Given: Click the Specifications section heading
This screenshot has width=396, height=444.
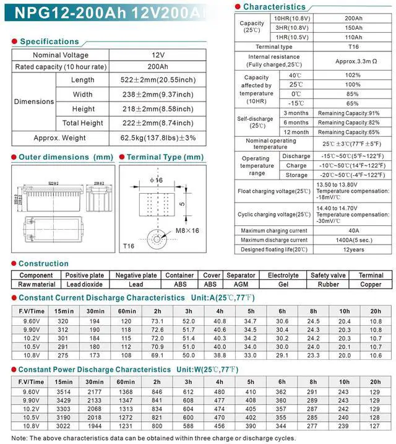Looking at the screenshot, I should (x=49, y=41).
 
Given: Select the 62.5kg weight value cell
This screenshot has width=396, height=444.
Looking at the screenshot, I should (x=158, y=137).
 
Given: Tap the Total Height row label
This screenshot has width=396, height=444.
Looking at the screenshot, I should (x=83, y=123).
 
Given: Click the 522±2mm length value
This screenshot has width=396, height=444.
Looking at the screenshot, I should (x=158, y=80).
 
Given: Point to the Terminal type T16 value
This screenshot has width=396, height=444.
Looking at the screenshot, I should (x=353, y=46).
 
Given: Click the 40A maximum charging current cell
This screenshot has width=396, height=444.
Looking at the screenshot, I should (x=353, y=230).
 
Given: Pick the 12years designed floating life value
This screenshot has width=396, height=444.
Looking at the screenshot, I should (x=353, y=249).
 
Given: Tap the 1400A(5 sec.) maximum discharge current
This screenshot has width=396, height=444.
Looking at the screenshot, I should (x=353, y=240).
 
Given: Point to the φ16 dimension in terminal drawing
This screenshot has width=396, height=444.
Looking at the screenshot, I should (x=155, y=180).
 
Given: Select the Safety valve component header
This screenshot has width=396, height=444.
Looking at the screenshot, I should (x=328, y=275).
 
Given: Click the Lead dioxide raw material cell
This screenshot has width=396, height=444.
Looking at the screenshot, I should (x=85, y=284).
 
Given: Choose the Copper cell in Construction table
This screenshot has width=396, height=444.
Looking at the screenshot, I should (x=371, y=284).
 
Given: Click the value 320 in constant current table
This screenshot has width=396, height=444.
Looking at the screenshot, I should (x=62, y=321).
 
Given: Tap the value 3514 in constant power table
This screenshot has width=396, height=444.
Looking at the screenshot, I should (x=64, y=392).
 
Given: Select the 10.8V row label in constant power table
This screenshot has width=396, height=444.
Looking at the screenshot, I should (x=31, y=427).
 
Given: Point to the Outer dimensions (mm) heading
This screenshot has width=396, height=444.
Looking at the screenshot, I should (x=66, y=157).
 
